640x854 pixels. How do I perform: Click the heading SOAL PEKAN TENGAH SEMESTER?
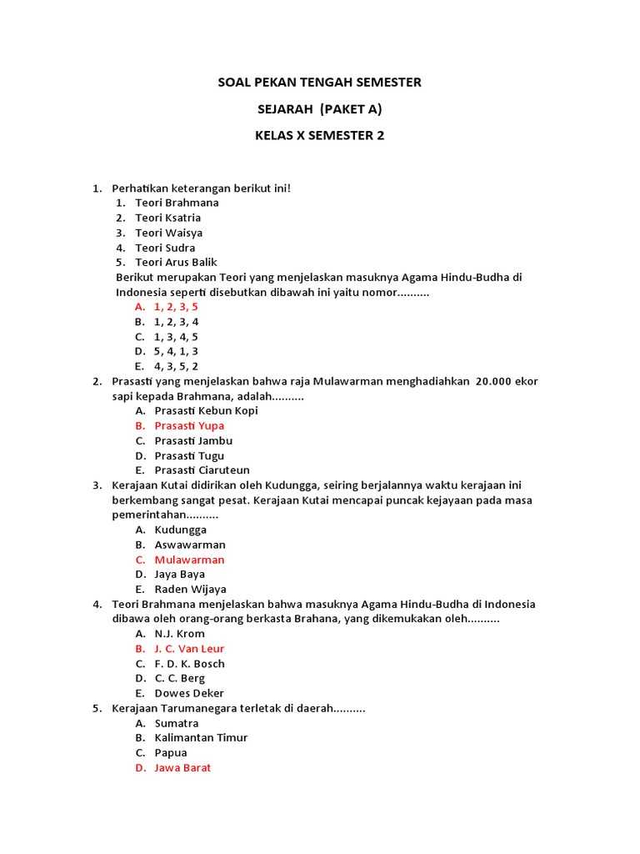(319, 83)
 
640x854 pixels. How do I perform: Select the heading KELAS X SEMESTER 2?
(319, 136)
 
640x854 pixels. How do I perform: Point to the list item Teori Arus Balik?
(176, 262)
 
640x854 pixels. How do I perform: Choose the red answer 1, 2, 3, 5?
(176, 307)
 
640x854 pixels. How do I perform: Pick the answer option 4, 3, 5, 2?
(176, 366)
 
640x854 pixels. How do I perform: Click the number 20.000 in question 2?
(498, 381)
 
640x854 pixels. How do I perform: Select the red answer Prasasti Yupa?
(189, 425)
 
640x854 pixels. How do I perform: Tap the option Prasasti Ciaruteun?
(202, 470)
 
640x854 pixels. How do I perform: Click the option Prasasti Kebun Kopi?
(206, 410)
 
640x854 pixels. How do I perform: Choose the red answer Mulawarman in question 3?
(189, 560)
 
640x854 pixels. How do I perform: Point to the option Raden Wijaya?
(190, 589)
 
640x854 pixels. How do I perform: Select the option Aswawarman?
(190, 545)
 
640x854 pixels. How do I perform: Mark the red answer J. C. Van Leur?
(189, 649)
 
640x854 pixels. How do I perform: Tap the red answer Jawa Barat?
(182, 767)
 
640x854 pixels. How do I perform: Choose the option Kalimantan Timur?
(201, 738)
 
